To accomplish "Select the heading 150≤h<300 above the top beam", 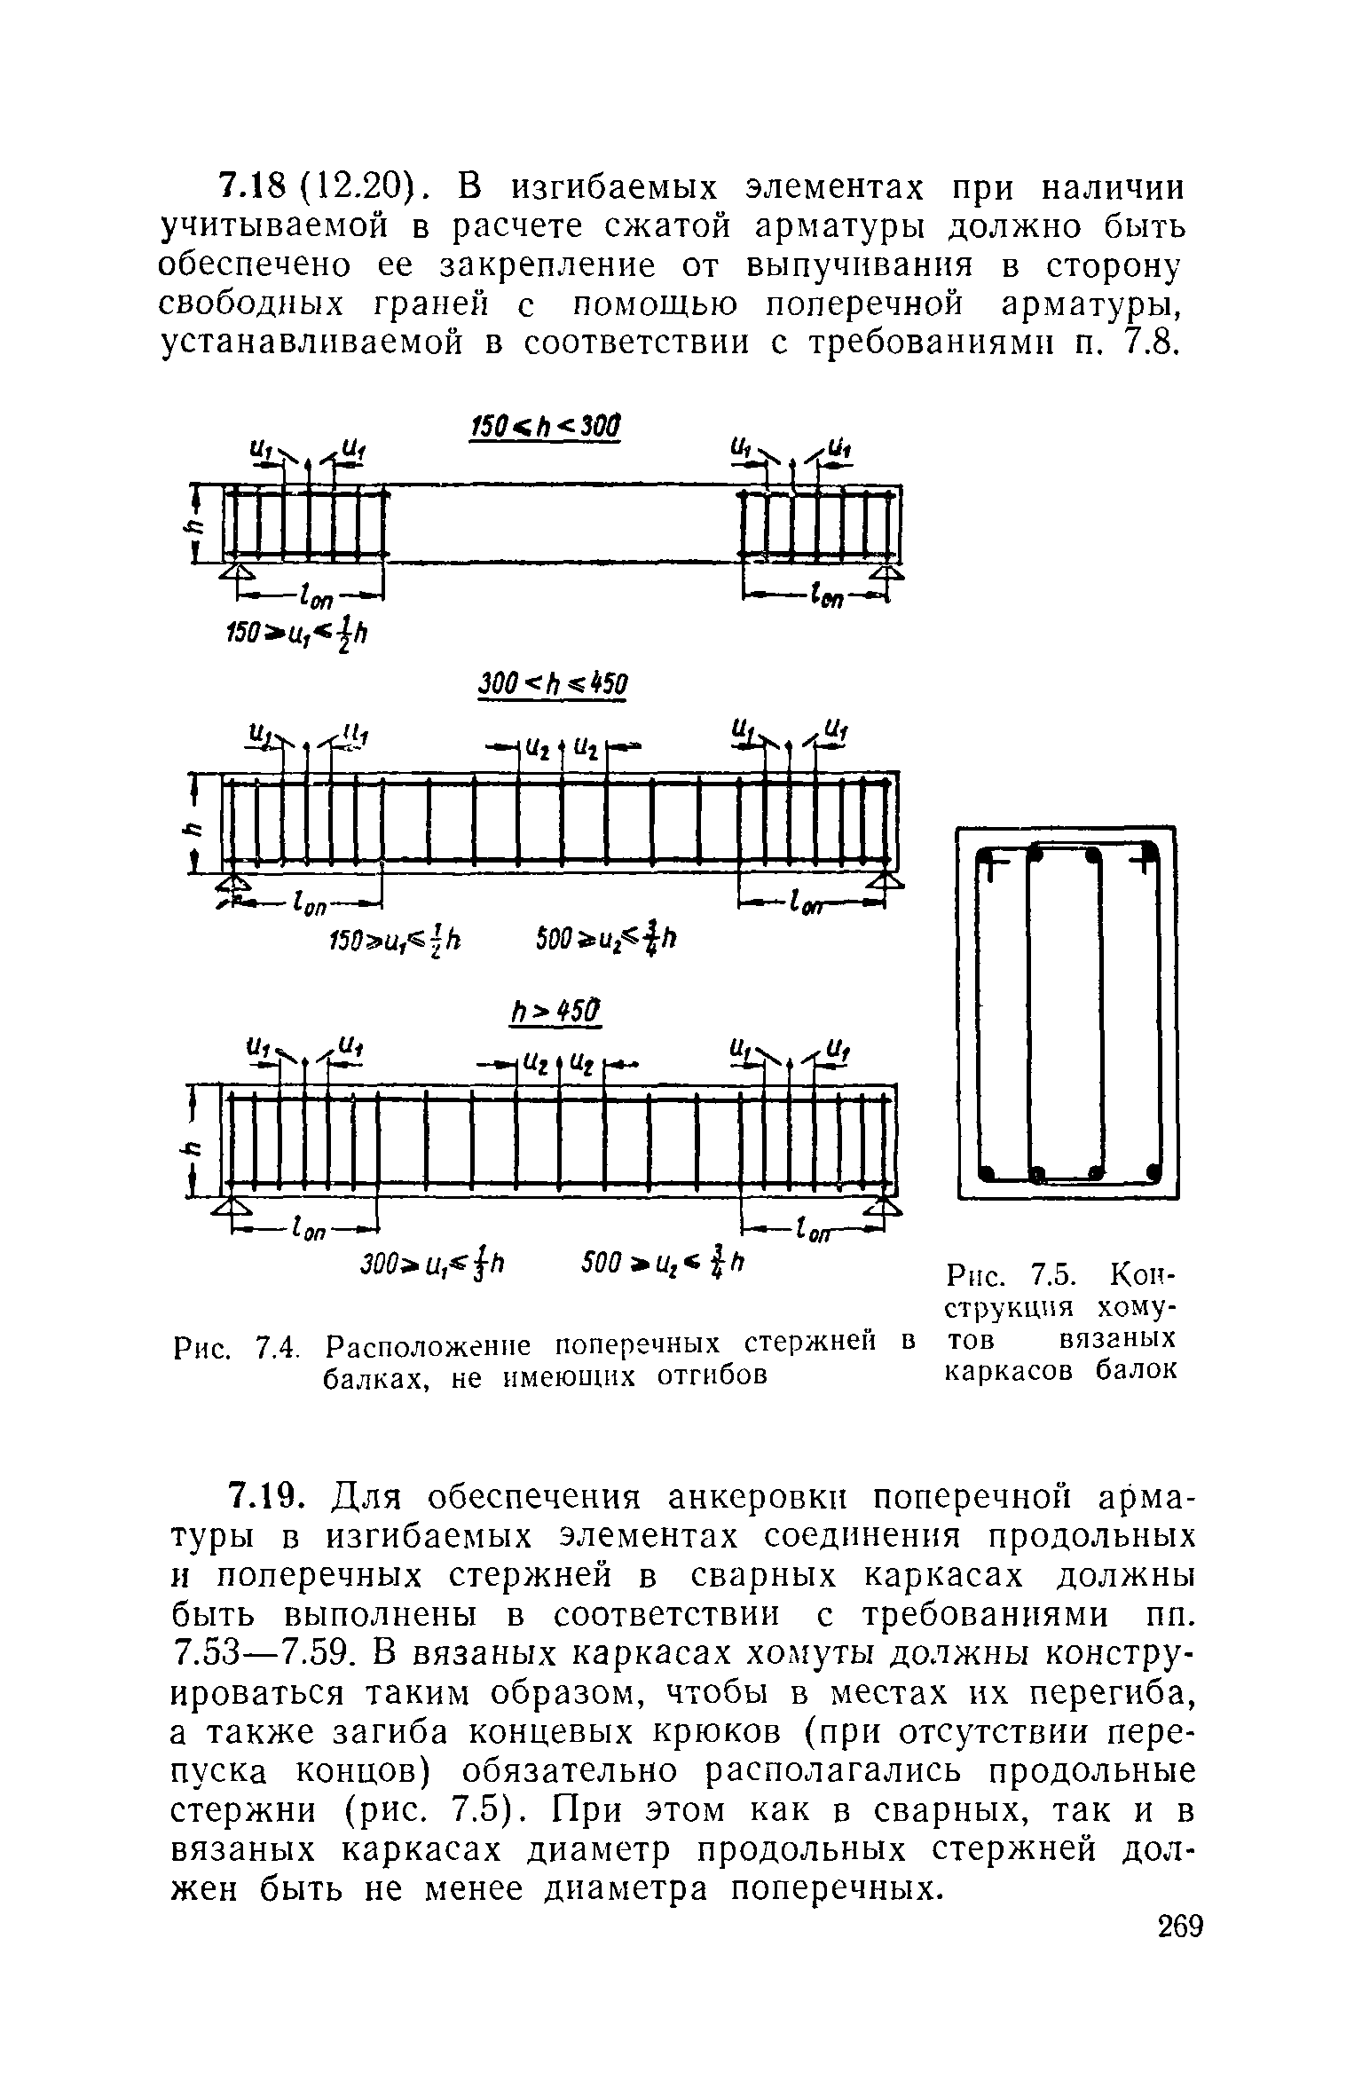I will tap(543, 426).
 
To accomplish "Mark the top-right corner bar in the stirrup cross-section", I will tap(1150, 854).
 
